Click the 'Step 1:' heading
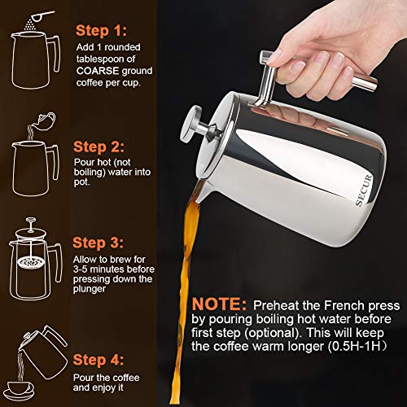103,32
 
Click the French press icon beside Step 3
33,252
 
